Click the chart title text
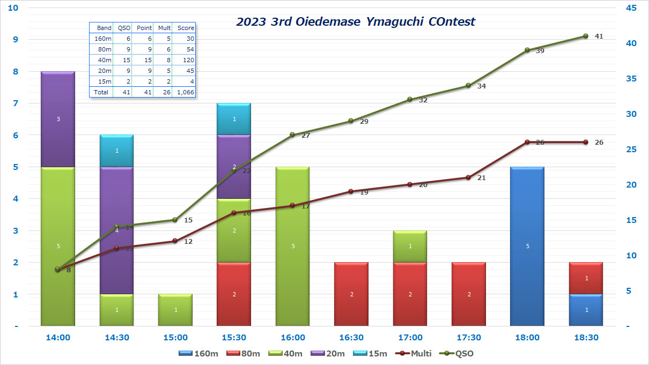coord(356,22)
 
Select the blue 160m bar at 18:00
coord(527,246)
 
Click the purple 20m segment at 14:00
coord(58,119)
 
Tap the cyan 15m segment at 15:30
coord(234,119)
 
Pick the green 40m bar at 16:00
coord(292,246)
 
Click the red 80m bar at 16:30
coord(351,294)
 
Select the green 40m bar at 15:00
coord(175,310)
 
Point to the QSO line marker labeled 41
coord(585,36)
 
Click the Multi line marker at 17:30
coord(468,177)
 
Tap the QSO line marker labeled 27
coord(292,135)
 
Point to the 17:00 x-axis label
coord(410,338)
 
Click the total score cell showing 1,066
coord(186,92)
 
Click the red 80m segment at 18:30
coord(585,278)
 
